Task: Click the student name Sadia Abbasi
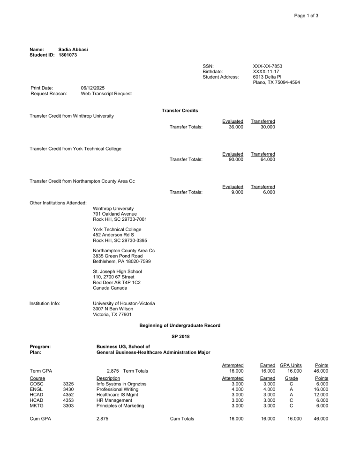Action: click(x=74, y=49)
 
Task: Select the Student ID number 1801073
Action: click(x=68, y=54)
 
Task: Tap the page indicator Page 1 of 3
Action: click(x=307, y=16)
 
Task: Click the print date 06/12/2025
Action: click(x=94, y=88)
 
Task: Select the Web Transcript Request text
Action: click(x=106, y=93)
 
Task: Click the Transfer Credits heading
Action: click(x=180, y=111)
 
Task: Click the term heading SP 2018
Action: click(x=180, y=336)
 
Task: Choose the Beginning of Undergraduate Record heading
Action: click(x=180, y=325)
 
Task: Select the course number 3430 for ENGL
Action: click(x=68, y=389)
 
